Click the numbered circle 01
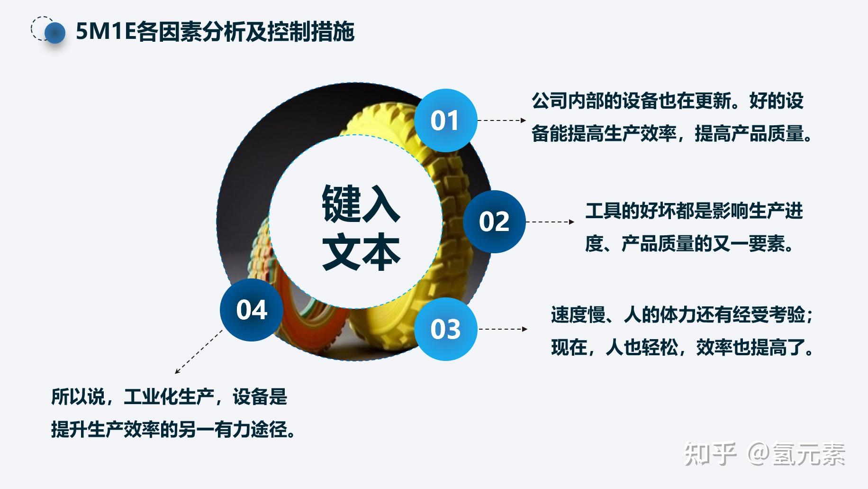click(445, 120)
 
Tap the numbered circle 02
click(494, 221)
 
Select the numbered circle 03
click(445, 329)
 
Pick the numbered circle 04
click(252, 310)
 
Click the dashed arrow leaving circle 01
click(501, 120)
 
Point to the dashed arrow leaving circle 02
click(550, 221)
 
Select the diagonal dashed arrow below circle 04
click(199, 351)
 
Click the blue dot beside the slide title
click(54, 33)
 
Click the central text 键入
click(361, 204)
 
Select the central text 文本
click(361, 252)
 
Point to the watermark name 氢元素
click(809, 454)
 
